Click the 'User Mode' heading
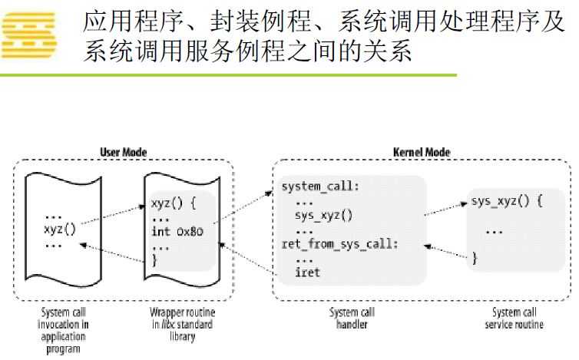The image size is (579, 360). click(124, 152)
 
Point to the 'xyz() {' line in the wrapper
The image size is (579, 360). click(174, 204)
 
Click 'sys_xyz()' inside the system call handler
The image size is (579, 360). click(323, 216)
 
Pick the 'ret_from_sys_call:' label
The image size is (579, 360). click(339, 244)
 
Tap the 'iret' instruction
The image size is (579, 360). click(307, 272)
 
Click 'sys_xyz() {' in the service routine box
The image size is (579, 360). click(508, 203)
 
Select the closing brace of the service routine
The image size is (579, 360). click(475, 259)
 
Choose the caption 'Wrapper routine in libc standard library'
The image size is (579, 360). click(181, 324)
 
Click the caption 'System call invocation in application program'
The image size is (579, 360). click(63, 330)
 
